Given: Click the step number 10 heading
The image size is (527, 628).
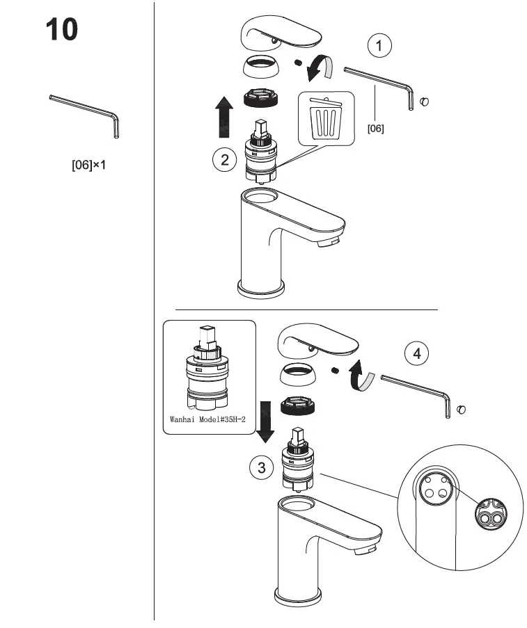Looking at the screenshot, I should point(62,30).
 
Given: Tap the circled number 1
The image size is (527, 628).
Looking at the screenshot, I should point(379,47).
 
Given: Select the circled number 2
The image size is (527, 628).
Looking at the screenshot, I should point(224,159).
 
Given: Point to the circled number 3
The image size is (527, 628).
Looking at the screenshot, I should point(261,467).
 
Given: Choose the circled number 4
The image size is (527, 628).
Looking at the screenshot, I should point(416,353).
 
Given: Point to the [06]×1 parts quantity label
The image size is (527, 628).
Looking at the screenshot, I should point(88,167).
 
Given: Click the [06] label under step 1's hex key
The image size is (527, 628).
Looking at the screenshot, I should point(375,128).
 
